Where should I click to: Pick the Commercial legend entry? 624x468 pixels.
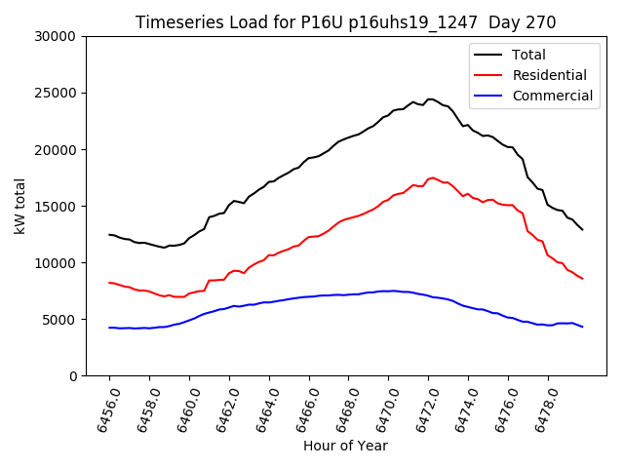pos(552,96)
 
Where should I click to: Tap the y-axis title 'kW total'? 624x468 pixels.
pos(20,206)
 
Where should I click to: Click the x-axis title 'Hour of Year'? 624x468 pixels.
pos(345,446)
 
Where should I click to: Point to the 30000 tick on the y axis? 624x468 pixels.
pos(55,37)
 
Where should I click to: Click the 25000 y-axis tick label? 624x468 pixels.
pos(55,94)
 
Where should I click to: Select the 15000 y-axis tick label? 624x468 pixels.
pos(55,207)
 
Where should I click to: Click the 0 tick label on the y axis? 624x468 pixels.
pos(72,376)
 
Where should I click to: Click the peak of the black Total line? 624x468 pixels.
pos(430,98)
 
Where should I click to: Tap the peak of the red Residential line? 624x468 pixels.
pos(432,177)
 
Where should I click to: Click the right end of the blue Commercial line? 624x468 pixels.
pos(582,327)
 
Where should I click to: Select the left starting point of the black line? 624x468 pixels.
pos(109,234)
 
